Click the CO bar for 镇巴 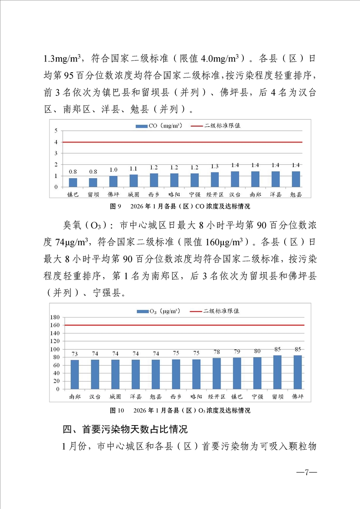(x=73, y=182)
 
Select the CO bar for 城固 (x=133, y=181)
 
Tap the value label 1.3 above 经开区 (x=214, y=166)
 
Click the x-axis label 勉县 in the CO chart (x=296, y=194)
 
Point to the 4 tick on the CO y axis (x=56, y=142)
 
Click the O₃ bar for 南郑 (x=75, y=374)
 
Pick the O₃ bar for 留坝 (x=277, y=372)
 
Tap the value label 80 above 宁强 (x=257, y=350)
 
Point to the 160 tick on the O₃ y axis (x=54, y=325)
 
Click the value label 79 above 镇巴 (x=237, y=351)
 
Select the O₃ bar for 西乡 (x=176, y=374)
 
